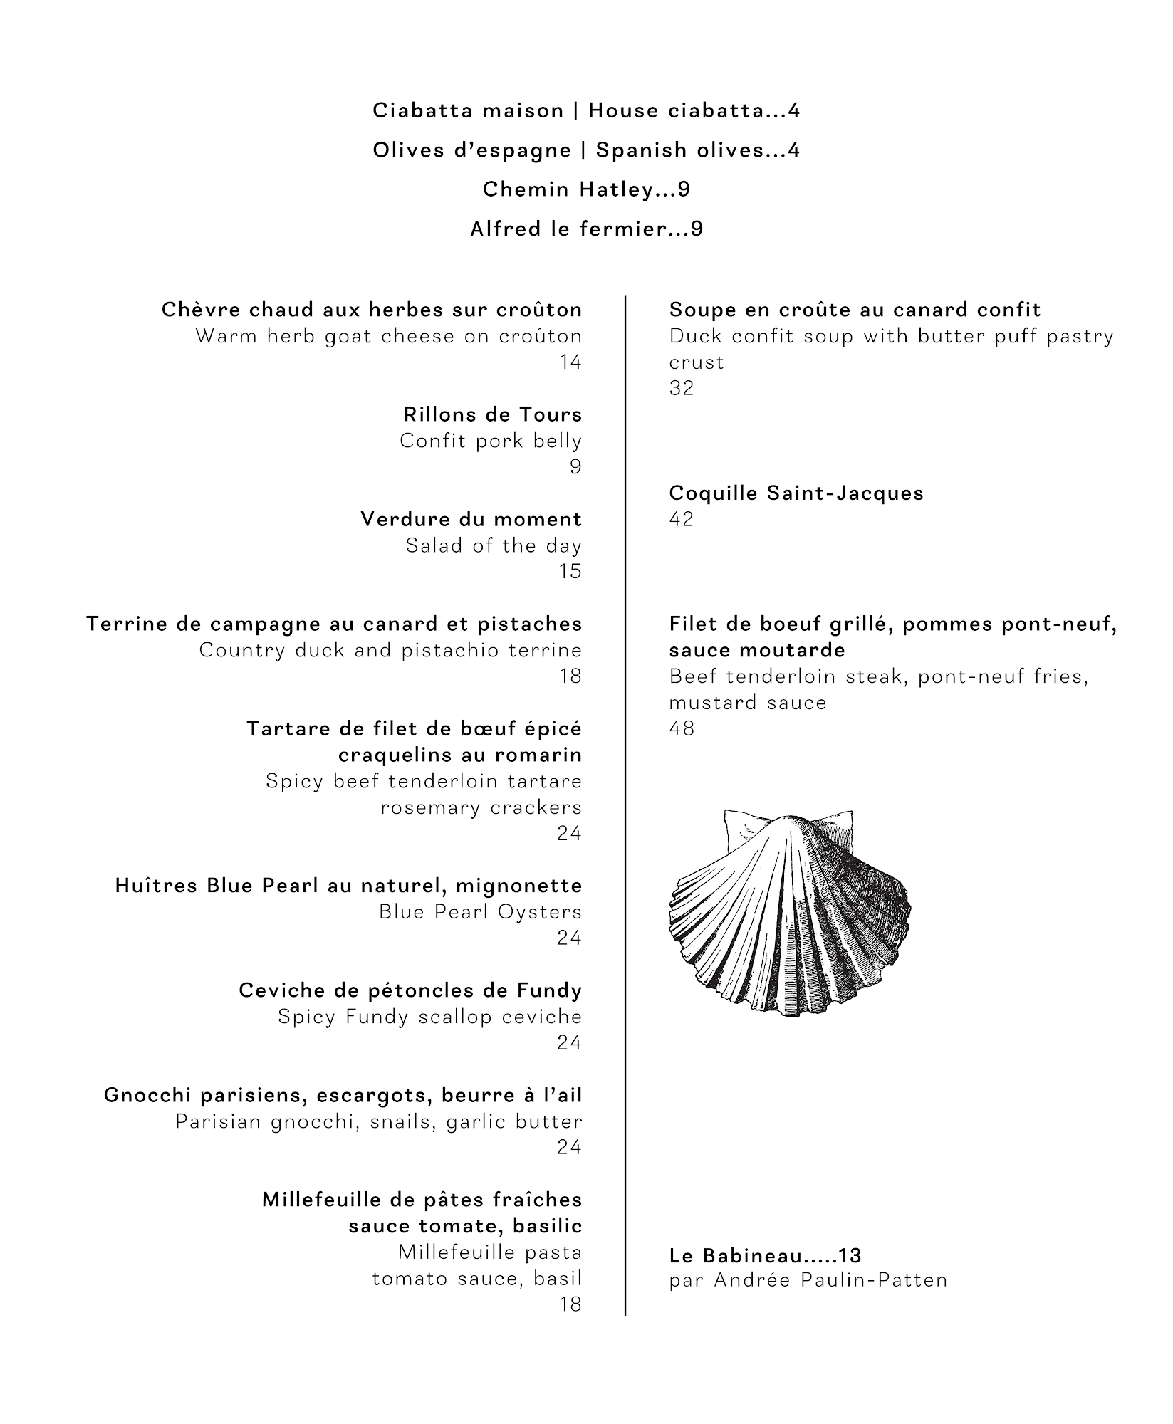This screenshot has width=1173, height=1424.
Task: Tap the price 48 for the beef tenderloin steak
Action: tap(682, 728)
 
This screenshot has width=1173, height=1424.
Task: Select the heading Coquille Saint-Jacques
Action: tap(796, 493)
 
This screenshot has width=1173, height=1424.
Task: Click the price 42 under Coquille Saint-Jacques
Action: tap(682, 519)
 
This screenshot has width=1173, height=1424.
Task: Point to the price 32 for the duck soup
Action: tap(682, 388)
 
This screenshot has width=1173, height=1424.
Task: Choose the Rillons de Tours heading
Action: tap(493, 414)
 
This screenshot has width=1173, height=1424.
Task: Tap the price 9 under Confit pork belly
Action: tap(575, 467)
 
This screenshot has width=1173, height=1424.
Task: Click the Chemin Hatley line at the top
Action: tap(586, 189)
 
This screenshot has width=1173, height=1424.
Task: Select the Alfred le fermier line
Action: tap(586, 229)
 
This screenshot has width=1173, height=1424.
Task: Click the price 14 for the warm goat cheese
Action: tap(570, 362)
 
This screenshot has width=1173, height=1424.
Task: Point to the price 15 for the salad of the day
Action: tap(570, 572)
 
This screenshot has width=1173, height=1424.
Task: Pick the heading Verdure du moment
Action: tap(471, 519)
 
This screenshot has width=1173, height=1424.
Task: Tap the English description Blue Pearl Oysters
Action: tap(480, 912)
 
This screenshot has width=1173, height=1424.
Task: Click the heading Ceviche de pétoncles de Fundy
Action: tap(410, 990)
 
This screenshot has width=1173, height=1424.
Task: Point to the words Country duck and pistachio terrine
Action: tap(390, 650)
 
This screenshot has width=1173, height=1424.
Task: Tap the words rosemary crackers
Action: tap(481, 808)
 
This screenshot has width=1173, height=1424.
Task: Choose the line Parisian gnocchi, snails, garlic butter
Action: tap(379, 1122)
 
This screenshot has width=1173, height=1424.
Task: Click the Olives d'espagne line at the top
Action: tap(586, 150)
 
